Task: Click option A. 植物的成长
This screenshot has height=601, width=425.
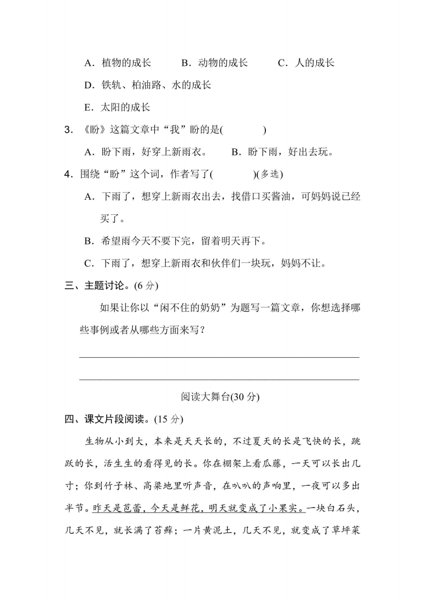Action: point(118,63)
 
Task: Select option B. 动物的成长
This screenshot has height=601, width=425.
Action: point(214,63)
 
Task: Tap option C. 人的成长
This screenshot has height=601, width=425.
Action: point(306,63)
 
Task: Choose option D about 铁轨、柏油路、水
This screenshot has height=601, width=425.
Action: point(148,85)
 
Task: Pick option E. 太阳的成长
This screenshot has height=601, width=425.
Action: point(118,107)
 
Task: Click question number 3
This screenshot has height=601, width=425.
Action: point(68,130)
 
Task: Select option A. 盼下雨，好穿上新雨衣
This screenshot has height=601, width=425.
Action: point(146,152)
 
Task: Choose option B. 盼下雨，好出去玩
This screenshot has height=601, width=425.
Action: point(282,152)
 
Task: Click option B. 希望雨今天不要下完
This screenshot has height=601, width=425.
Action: point(175,241)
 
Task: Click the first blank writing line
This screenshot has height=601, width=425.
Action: point(219,356)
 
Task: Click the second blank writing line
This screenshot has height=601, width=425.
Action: point(219,379)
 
